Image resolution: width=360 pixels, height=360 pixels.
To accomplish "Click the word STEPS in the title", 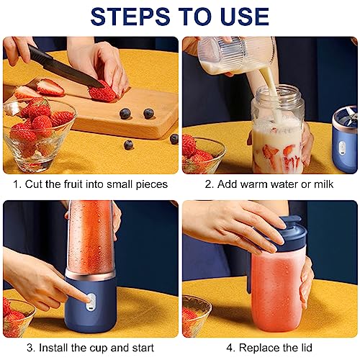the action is tap(130, 17).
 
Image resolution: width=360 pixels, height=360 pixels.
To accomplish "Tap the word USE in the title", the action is tap(243, 17).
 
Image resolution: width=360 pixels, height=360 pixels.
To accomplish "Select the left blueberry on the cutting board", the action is tap(125, 114).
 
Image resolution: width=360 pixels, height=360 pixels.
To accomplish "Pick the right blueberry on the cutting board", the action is tap(148, 113).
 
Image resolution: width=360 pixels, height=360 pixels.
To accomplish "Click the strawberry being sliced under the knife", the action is tap(102, 92).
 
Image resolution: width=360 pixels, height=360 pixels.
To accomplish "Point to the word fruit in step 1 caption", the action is tap(73, 184).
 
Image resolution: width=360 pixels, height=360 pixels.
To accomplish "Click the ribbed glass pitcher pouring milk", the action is tap(236, 55).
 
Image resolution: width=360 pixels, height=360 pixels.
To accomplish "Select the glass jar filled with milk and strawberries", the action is tap(278, 130).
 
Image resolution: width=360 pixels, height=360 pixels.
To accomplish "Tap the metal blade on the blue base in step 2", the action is tap(352, 116).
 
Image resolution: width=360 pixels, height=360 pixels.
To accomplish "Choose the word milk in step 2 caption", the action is tap(324, 184).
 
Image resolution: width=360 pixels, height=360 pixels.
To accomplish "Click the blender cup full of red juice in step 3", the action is tap(91, 239).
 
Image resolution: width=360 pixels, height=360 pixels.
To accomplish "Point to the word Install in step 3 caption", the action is tap(54, 348).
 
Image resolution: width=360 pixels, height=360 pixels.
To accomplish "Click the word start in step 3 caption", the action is tap(143, 348).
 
